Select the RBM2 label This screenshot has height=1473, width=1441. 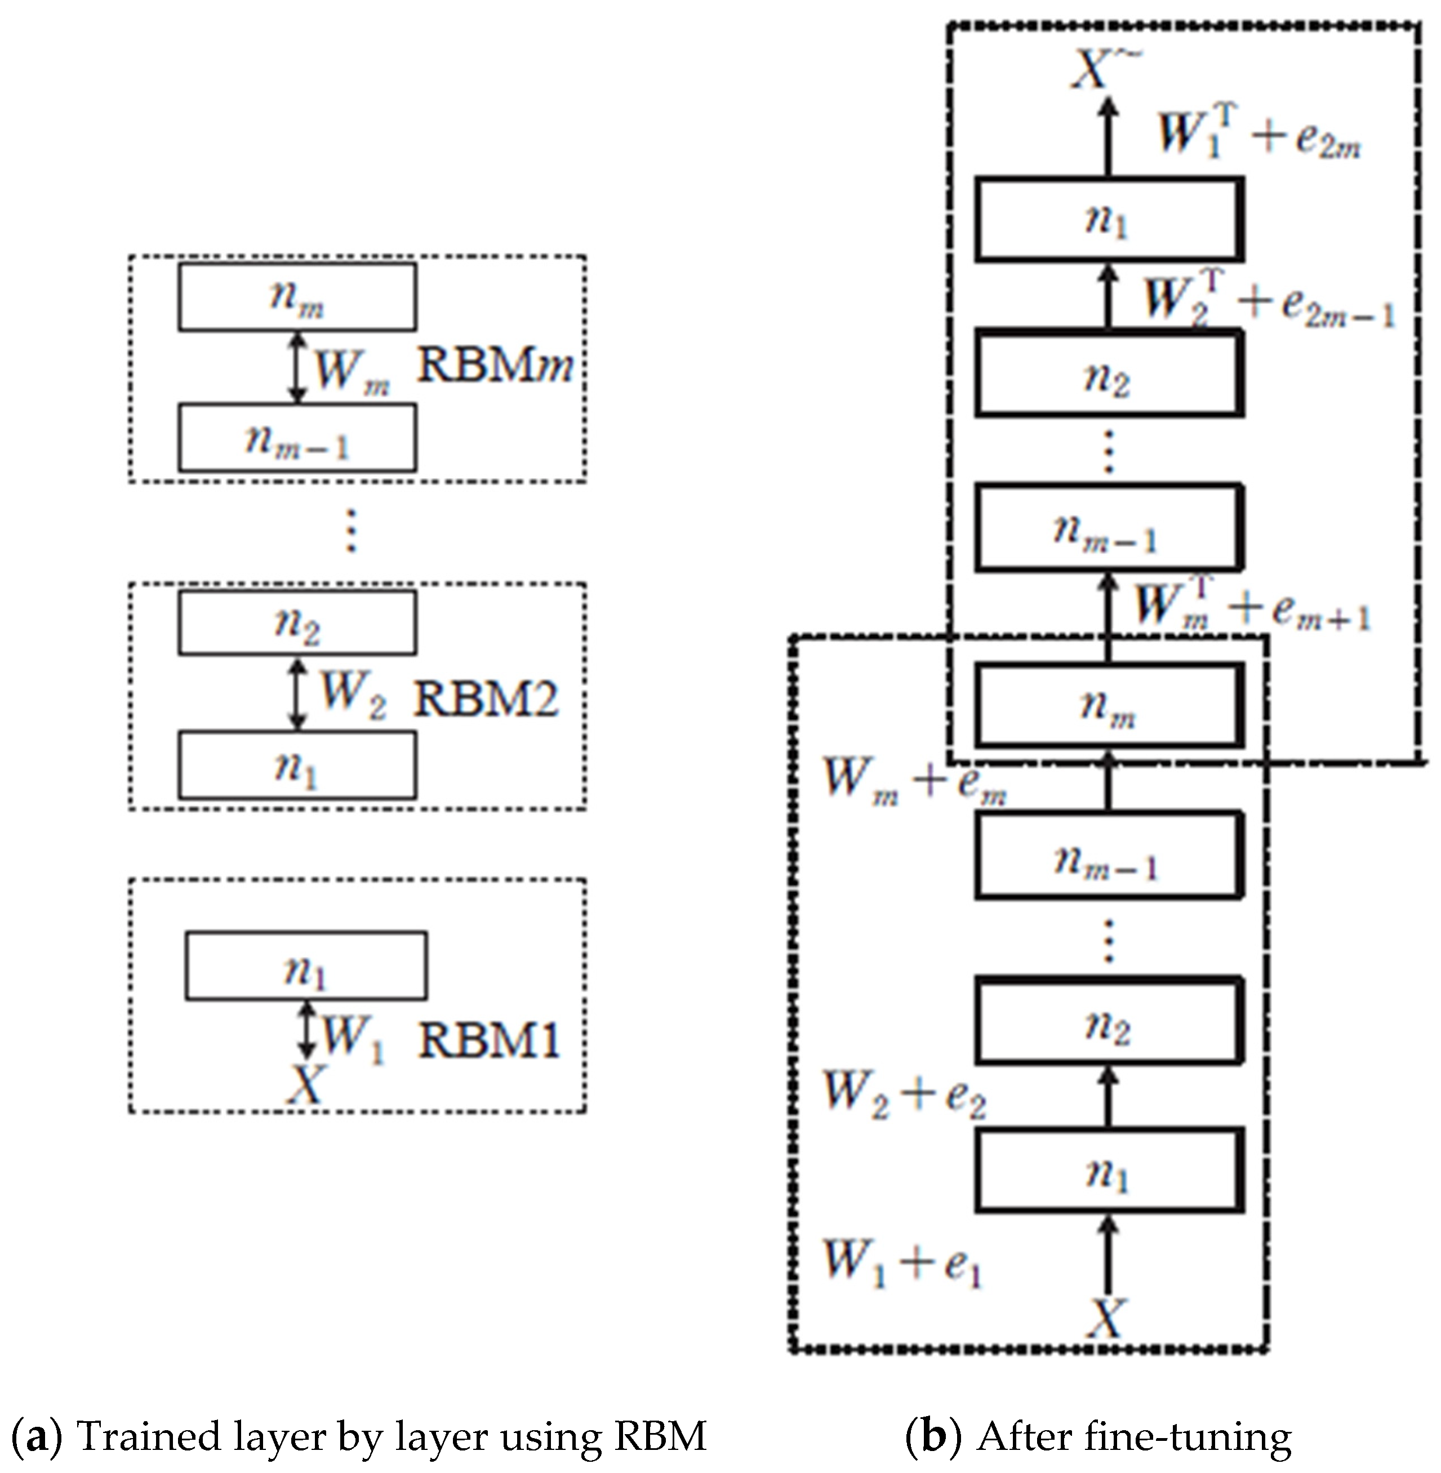point(485,698)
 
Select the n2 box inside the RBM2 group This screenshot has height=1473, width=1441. point(297,623)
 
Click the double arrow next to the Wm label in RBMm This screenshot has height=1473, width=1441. point(297,367)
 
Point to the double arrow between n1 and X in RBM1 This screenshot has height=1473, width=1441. point(306,1030)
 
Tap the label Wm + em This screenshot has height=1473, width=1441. point(914,780)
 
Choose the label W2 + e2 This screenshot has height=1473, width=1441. point(904,1094)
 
